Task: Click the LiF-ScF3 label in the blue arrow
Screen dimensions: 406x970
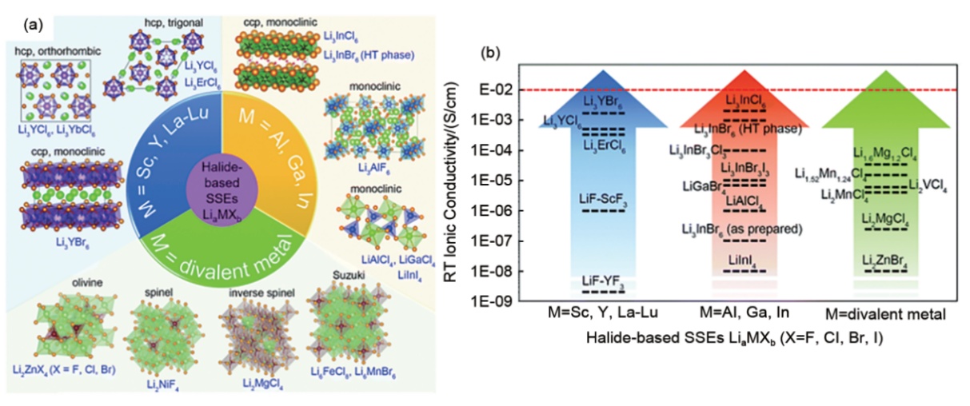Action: [x=602, y=197]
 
